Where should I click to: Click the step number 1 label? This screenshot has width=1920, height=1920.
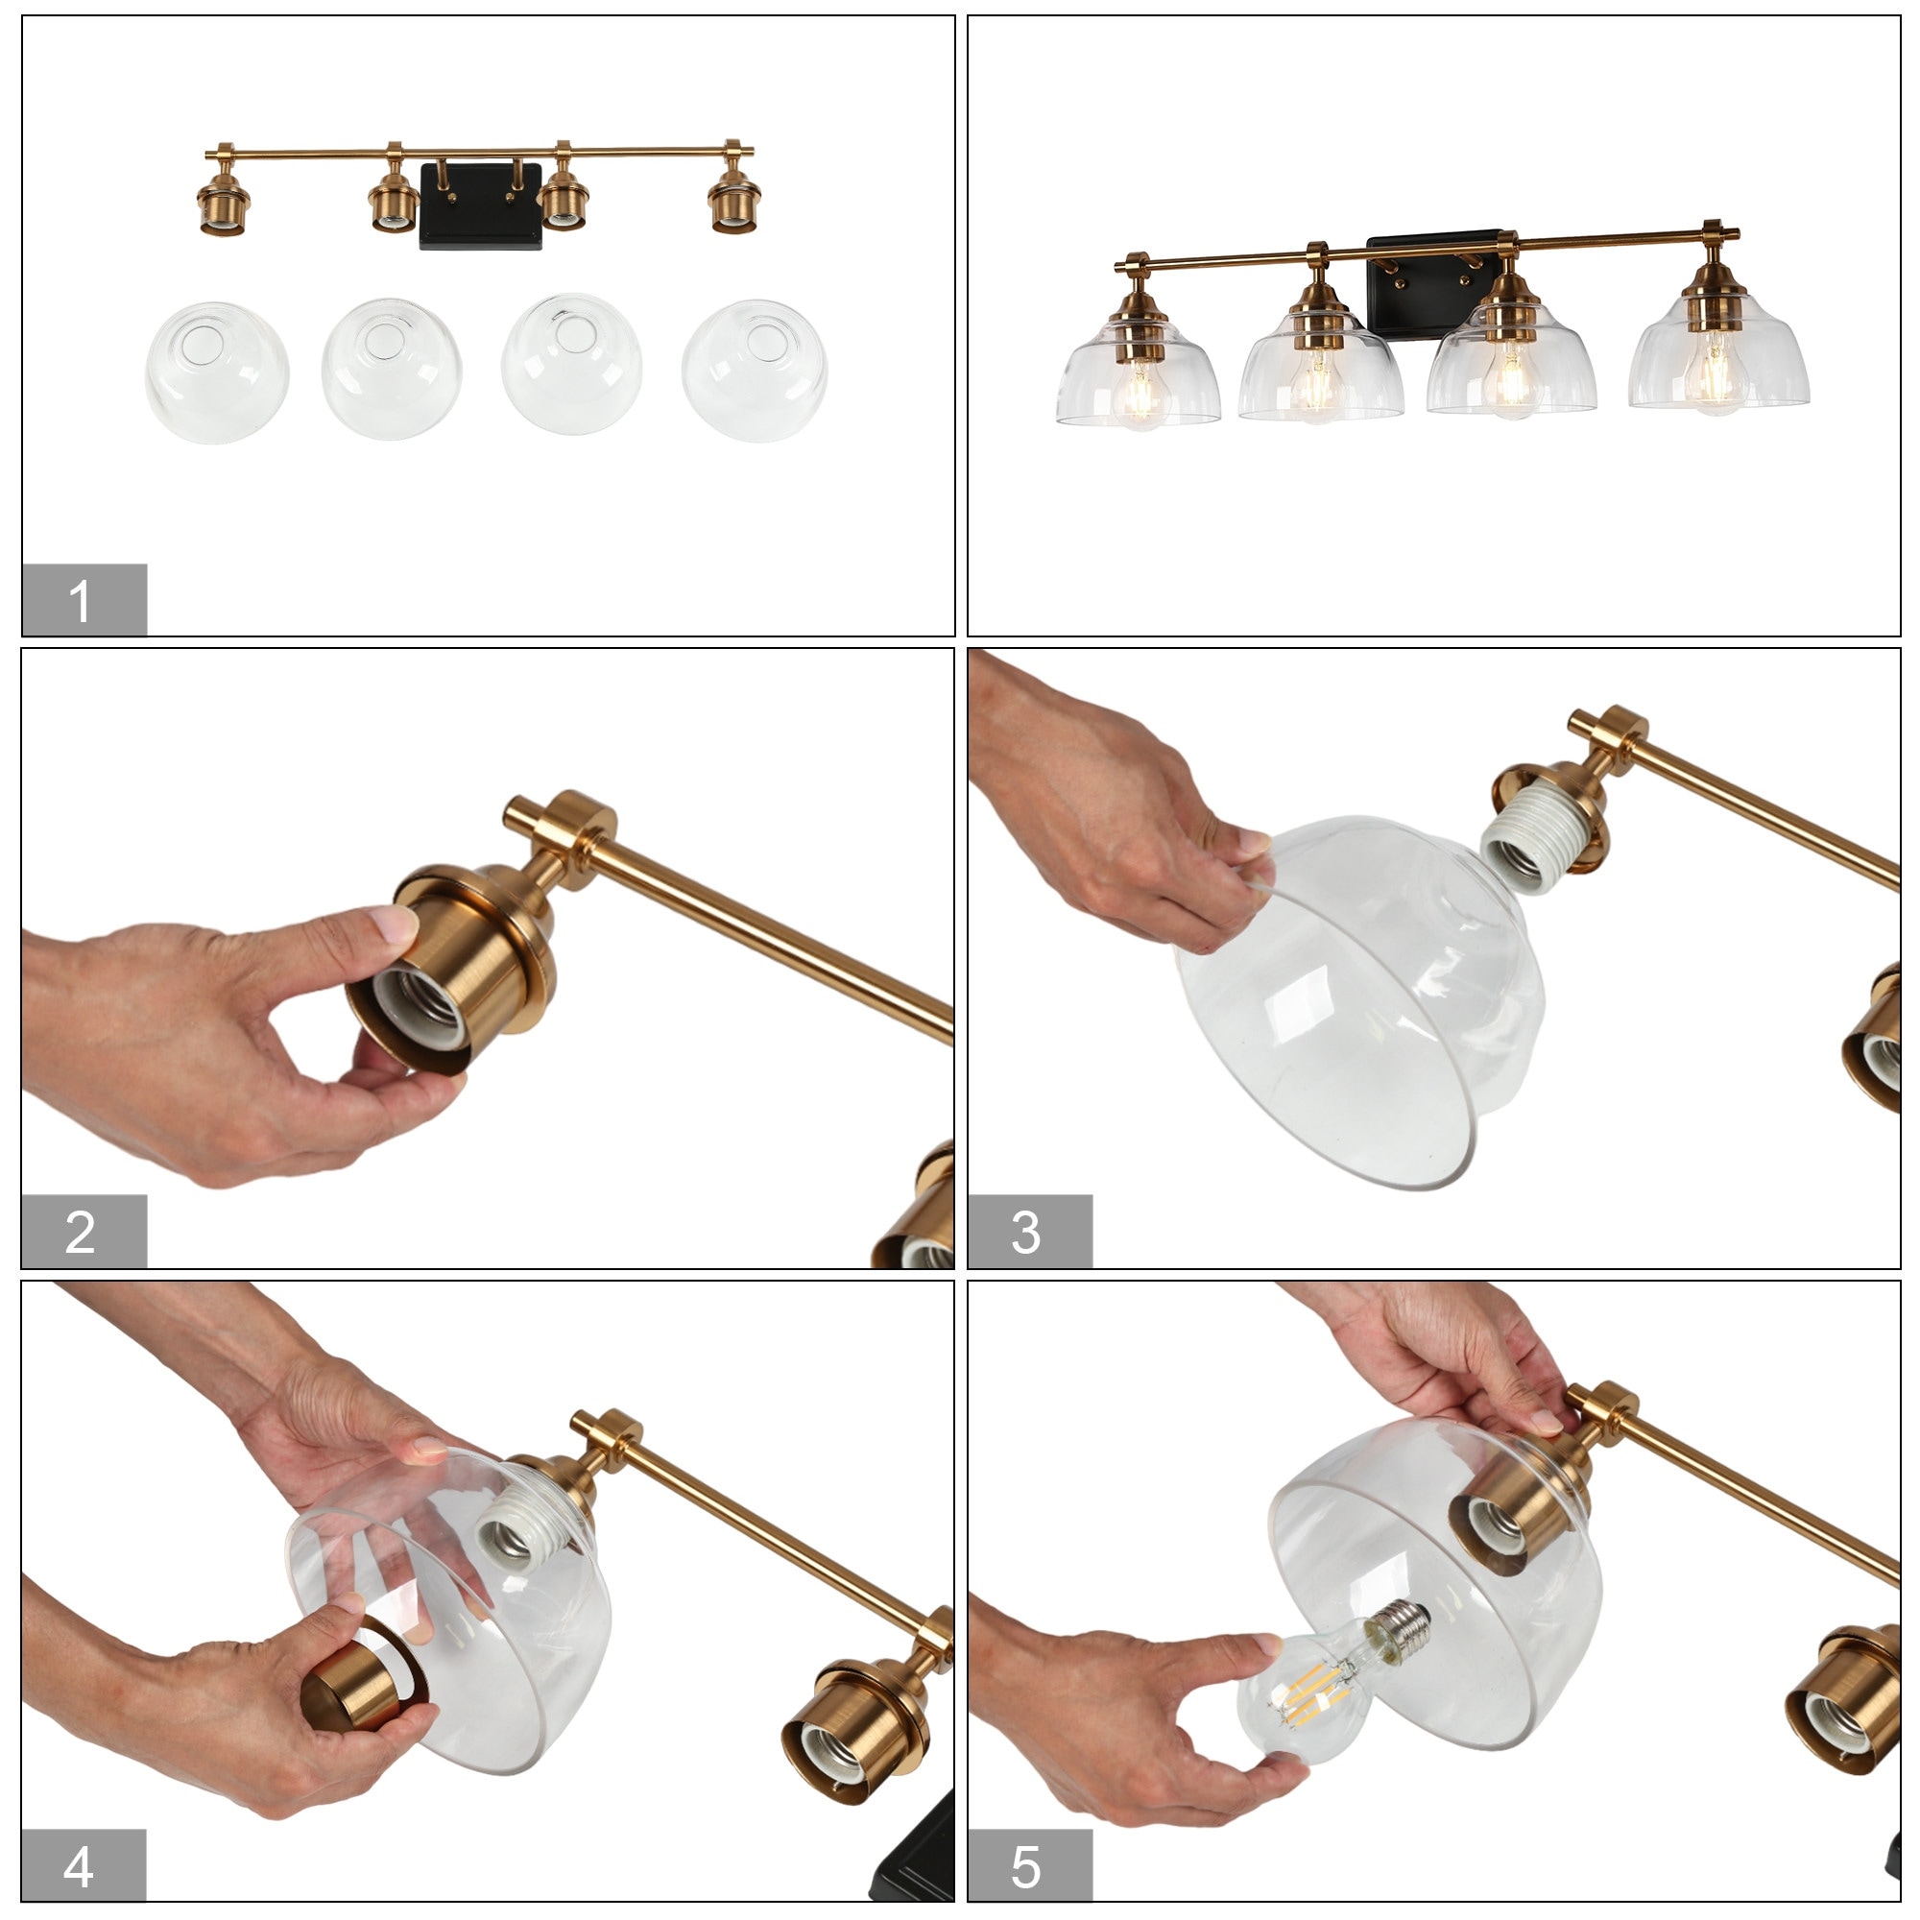[x=84, y=599]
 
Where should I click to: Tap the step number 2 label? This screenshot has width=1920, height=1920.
[x=84, y=1232]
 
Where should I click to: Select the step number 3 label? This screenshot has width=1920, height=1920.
[x=1028, y=1232]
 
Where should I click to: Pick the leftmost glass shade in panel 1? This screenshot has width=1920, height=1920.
[x=217, y=372]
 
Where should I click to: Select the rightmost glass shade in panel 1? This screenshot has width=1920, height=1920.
[x=755, y=370]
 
